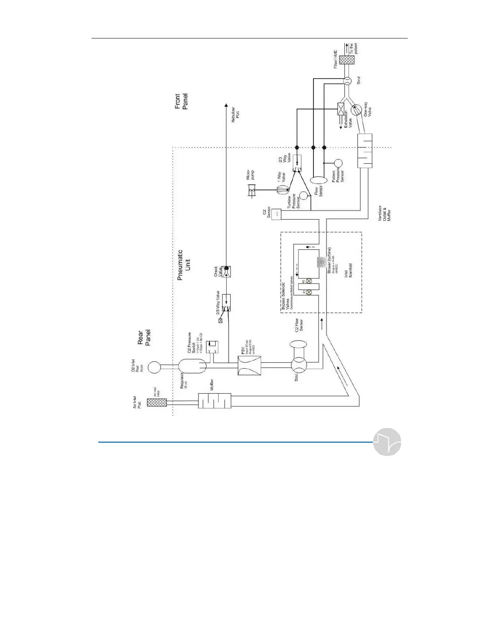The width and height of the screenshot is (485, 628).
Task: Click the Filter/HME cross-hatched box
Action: (347, 59)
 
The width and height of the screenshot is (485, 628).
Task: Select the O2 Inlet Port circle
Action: (155, 367)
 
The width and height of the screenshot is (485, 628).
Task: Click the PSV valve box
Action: (249, 365)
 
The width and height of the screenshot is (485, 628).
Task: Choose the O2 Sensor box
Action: (276, 214)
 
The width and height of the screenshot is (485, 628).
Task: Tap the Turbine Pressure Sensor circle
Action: (304, 195)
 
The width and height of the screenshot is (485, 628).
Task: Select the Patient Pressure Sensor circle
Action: (338, 163)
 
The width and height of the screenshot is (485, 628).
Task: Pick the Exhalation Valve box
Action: (340, 109)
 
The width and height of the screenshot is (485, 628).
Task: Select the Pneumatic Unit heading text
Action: (184, 265)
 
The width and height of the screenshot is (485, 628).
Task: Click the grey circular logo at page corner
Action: (387, 442)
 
